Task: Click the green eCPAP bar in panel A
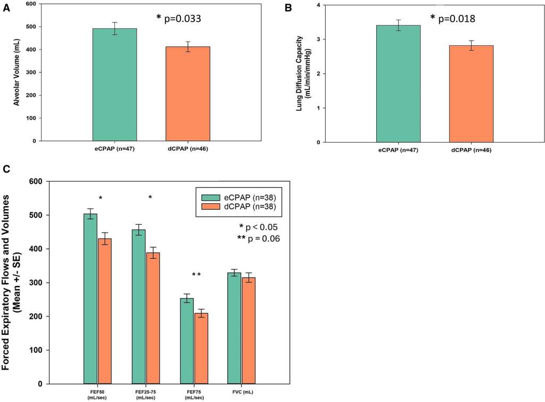click(x=114, y=85)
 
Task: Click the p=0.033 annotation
click(x=179, y=19)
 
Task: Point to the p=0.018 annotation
click(x=452, y=19)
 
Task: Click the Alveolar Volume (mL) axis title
click(x=16, y=72)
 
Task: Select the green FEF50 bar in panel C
click(x=90, y=298)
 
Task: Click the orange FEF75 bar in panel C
click(x=201, y=348)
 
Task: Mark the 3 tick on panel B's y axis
click(x=318, y=39)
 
